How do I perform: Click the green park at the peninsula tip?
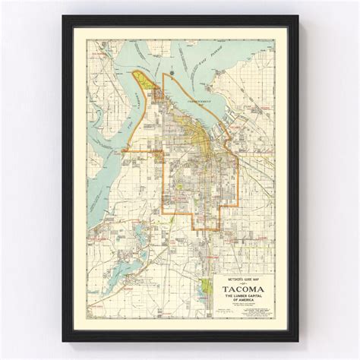pyautogui.click(x=141, y=78)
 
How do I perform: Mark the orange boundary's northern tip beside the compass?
pyautogui.click(x=162, y=75)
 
